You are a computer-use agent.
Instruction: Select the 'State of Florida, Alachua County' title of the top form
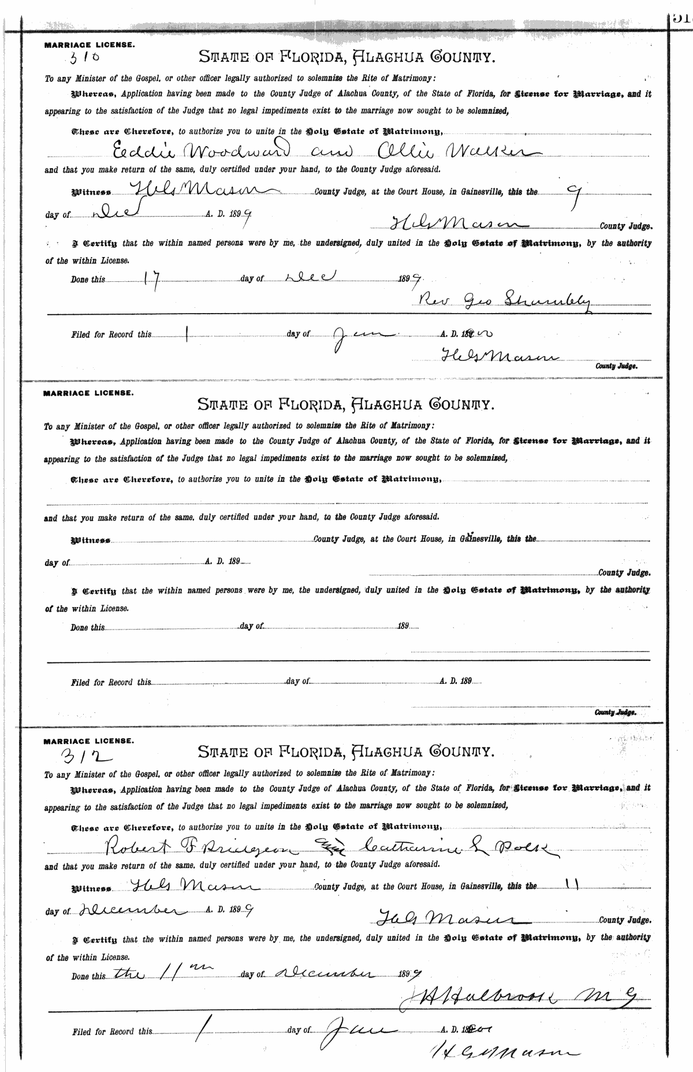(346, 57)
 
